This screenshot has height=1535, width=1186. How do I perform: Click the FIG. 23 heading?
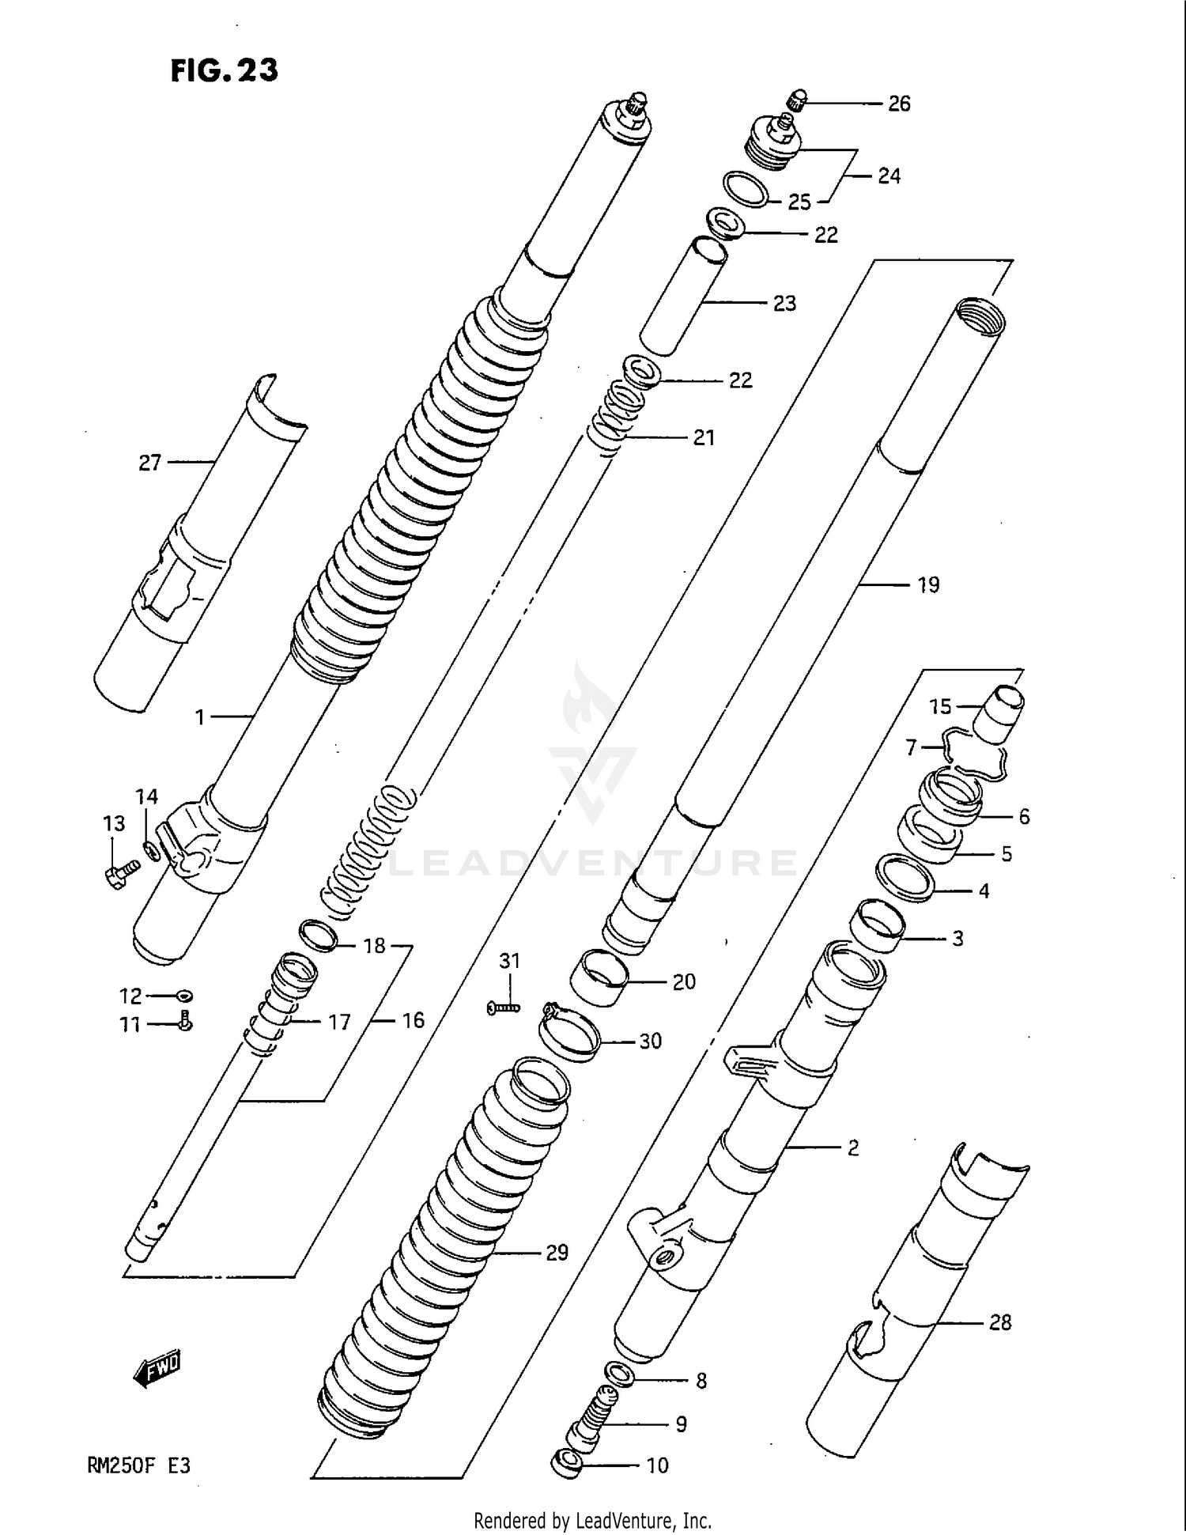(225, 71)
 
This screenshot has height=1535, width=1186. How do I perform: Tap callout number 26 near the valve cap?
(899, 104)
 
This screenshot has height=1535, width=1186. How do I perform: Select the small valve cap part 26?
(797, 100)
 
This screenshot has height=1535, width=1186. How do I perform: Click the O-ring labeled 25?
(746, 189)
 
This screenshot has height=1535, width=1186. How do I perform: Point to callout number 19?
(927, 585)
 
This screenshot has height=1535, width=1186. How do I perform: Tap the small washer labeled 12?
(185, 996)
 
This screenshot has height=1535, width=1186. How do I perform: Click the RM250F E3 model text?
(139, 1465)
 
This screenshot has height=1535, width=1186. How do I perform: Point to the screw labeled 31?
(504, 1008)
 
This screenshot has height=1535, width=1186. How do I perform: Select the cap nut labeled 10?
(565, 1462)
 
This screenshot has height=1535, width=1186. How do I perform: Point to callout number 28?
(999, 1322)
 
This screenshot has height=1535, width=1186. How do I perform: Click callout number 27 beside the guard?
(149, 463)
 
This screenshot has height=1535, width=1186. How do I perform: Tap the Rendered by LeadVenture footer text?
(592, 1520)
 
